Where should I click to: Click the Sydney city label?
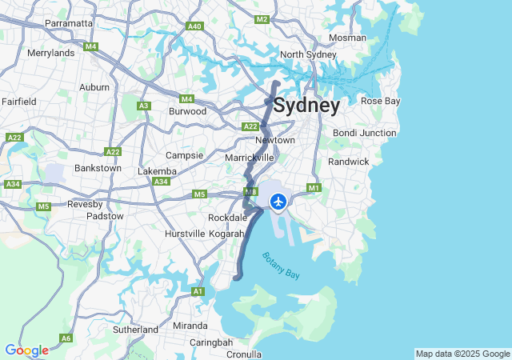(306, 106)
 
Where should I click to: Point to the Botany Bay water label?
(280, 266)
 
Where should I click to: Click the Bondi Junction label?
(364, 133)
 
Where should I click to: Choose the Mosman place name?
(347, 38)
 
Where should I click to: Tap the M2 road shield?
(262, 19)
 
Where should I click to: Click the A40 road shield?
(194, 26)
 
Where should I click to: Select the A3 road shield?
(144, 106)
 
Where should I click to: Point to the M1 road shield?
(314, 188)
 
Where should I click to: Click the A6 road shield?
(66, 338)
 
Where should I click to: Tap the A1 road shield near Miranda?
(198, 292)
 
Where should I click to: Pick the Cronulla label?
(243, 354)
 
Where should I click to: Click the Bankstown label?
(98, 168)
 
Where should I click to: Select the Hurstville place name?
(184, 234)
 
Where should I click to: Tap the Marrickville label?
(250, 158)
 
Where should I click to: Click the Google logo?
(26, 350)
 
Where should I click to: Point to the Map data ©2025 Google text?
(462, 354)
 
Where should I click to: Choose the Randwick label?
(349, 162)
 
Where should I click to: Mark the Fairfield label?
(18, 102)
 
